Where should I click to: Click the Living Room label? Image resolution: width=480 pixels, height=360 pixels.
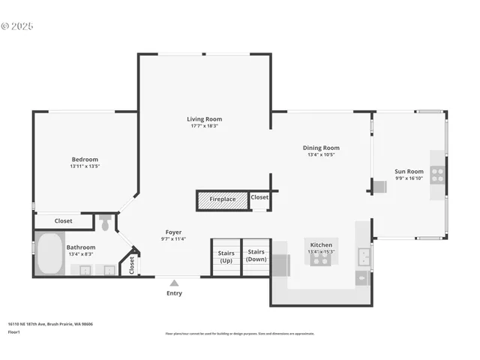(204, 118)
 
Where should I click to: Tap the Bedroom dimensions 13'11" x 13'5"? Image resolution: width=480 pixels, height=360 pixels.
(84, 166)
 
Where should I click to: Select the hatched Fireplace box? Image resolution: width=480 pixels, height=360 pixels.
(222, 199)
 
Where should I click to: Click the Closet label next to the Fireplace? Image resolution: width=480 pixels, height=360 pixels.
(259, 197)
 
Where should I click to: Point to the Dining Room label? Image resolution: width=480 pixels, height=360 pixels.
(321, 148)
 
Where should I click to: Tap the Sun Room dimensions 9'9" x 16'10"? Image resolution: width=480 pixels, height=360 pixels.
(409, 178)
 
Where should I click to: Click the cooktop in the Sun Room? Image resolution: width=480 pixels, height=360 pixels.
(437, 175)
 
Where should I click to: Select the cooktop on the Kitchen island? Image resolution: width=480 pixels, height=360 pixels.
(321, 259)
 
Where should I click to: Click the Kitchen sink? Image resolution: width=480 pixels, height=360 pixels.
(364, 257)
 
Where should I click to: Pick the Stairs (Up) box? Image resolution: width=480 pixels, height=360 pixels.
(226, 256)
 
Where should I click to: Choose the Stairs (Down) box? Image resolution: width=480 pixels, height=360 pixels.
(256, 256)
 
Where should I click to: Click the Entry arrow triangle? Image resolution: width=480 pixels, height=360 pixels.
(174, 283)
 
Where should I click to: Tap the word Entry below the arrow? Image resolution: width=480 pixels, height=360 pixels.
(174, 293)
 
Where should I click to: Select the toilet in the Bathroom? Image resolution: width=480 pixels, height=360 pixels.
(106, 223)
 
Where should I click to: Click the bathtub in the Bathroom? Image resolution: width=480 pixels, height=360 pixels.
(50, 254)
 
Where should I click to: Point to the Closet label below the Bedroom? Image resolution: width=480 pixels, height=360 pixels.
(64, 221)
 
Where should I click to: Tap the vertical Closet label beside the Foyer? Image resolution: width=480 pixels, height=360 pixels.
(132, 264)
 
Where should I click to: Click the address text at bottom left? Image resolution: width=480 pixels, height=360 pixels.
(50, 325)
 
